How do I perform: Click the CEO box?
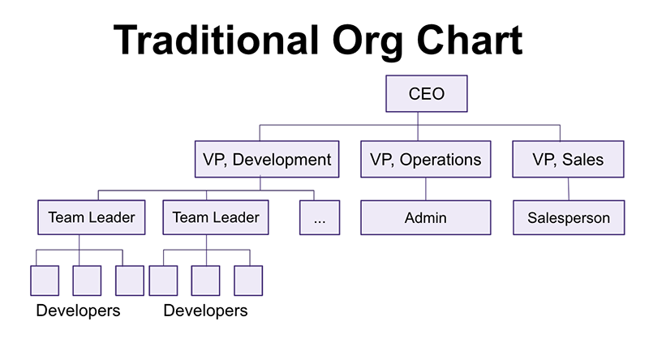point(427,93)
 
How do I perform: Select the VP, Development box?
point(267,159)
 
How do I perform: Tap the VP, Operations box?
point(425,159)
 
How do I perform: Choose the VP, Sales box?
point(568,159)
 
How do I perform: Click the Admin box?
point(425,217)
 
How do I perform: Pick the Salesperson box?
point(569,217)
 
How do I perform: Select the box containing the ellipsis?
point(320,217)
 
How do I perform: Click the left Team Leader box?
point(92,217)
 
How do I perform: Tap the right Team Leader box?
point(216,217)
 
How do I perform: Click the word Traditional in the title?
point(216,41)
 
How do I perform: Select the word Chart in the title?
point(470,41)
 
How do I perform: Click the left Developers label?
point(78,311)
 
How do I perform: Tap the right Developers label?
point(206,311)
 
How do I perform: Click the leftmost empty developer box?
point(45,281)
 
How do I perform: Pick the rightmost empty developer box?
point(248,281)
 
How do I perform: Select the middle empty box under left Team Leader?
point(87,281)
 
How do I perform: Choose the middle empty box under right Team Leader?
point(206,281)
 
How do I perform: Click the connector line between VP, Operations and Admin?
point(426,189)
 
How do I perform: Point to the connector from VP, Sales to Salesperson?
point(569,189)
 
